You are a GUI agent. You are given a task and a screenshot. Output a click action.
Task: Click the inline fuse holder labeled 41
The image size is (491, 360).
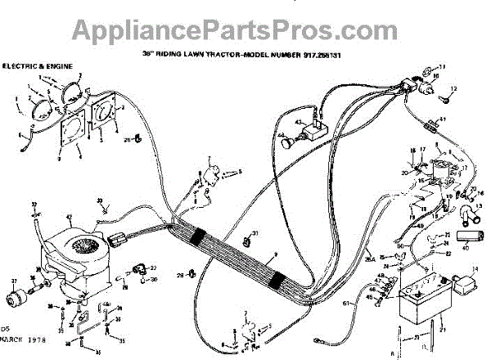click(x=431, y=127)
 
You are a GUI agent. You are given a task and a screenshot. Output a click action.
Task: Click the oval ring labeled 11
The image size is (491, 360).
click(x=435, y=68)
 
